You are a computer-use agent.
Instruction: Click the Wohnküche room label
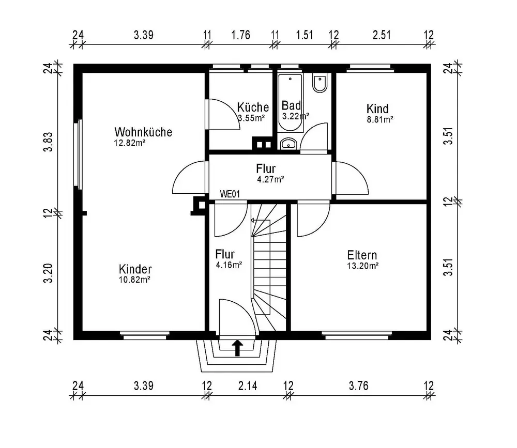coord(143,132)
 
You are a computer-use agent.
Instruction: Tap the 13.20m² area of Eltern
coord(362,266)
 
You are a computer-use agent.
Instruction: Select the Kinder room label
coord(135,269)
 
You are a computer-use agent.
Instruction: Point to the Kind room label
coord(377,109)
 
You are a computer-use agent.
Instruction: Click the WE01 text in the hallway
coord(230,194)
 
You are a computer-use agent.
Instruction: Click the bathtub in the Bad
coord(290,102)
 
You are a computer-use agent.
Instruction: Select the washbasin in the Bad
coord(289,144)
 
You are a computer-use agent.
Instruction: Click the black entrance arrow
coord(237,348)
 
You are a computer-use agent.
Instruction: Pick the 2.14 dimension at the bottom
coord(248,385)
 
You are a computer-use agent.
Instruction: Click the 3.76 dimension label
coord(358,385)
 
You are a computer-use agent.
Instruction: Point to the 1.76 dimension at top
coord(241,35)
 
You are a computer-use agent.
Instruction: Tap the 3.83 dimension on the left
coord(48,142)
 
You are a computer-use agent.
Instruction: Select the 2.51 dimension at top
coord(382,35)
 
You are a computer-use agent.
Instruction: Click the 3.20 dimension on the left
coord(48,273)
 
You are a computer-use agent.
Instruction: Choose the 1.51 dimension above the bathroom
coord(305,35)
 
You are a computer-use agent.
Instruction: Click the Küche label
coord(253,107)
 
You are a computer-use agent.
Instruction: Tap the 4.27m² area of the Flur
coord(271,179)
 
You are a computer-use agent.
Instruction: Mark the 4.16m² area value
coord(229,265)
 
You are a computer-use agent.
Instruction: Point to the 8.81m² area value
coord(380,119)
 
